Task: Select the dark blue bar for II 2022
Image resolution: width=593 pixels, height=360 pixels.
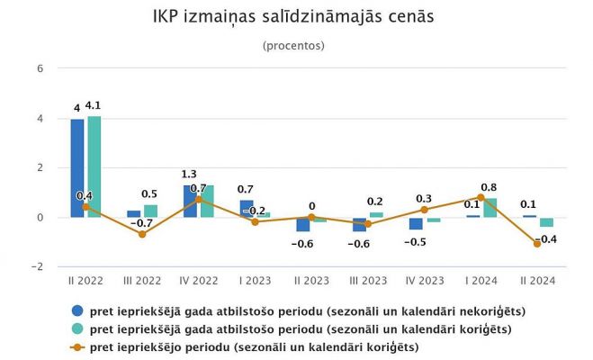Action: click(x=77, y=168)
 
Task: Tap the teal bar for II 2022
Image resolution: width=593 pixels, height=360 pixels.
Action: click(x=94, y=166)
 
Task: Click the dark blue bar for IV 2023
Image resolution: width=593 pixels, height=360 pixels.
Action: click(x=416, y=223)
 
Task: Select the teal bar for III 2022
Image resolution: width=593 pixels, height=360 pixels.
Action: click(x=150, y=211)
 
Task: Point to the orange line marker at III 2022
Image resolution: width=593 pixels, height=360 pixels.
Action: click(x=141, y=234)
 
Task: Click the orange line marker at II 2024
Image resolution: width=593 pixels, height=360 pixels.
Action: click(x=537, y=244)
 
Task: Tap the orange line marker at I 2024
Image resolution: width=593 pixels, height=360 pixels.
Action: click(x=481, y=197)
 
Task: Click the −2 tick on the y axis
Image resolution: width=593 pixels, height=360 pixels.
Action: click(x=37, y=267)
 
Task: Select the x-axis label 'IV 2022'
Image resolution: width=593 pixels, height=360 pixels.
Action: click(x=198, y=281)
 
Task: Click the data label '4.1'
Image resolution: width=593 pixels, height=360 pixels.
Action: click(x=94, y=107)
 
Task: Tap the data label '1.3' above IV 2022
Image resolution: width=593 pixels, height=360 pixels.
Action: click(x=189, y=175)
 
